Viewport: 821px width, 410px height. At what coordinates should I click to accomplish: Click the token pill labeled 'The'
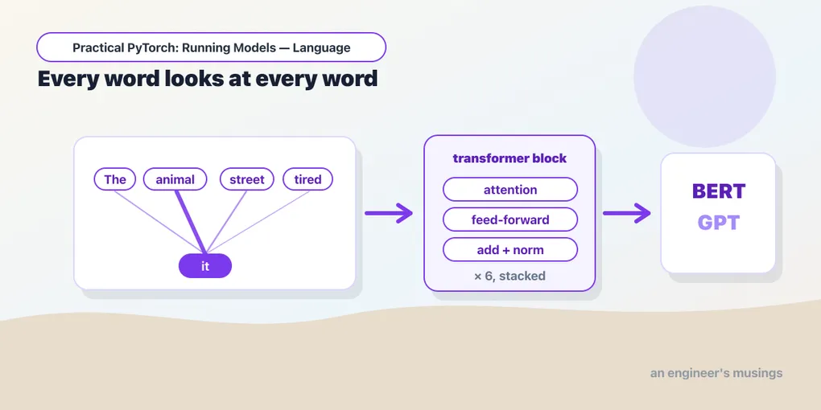(114, 179)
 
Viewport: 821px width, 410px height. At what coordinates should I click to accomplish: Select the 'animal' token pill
(175, 179)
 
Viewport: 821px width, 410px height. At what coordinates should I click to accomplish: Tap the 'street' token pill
(246, 179)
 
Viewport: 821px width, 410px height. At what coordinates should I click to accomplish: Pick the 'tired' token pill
(307, 179)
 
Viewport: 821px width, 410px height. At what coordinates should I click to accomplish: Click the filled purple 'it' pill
(205, 265)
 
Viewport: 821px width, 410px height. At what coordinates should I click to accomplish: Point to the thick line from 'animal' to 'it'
(191, 222)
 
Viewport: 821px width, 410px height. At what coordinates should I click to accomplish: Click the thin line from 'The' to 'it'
(159, 222)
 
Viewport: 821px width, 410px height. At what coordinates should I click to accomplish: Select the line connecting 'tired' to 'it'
(258, 222)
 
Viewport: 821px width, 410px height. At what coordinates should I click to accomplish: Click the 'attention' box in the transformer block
(510, 189)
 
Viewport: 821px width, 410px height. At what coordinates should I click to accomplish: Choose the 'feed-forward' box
(510, 219)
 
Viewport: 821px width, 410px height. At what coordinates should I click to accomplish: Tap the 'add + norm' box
(510, 249)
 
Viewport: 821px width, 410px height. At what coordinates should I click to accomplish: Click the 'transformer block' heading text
(510, 158)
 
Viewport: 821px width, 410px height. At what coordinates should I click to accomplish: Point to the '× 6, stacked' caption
(510, 276)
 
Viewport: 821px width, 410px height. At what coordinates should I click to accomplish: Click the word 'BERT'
(718, 191)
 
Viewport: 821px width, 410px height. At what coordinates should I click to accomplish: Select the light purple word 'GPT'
(718, 223)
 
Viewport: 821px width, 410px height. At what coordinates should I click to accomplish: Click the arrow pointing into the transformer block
(389, 213)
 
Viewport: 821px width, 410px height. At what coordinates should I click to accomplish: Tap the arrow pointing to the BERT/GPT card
(627, 213)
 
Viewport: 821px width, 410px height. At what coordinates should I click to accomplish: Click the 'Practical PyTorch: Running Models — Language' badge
(211, 47)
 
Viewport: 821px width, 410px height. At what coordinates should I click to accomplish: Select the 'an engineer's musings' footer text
(716, 373)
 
